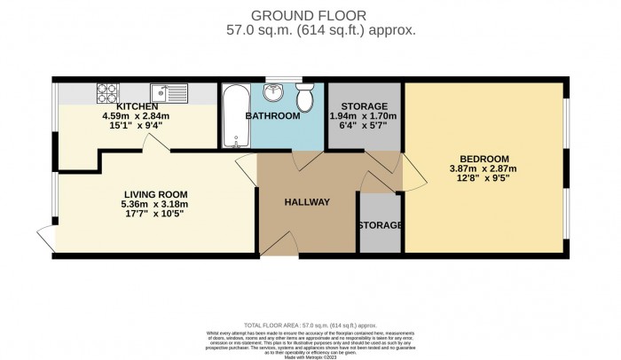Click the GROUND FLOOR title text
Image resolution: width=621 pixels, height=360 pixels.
(310, 14)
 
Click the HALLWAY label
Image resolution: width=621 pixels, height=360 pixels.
(306, 202)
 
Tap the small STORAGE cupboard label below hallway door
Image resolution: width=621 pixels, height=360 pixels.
(380, 225)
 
